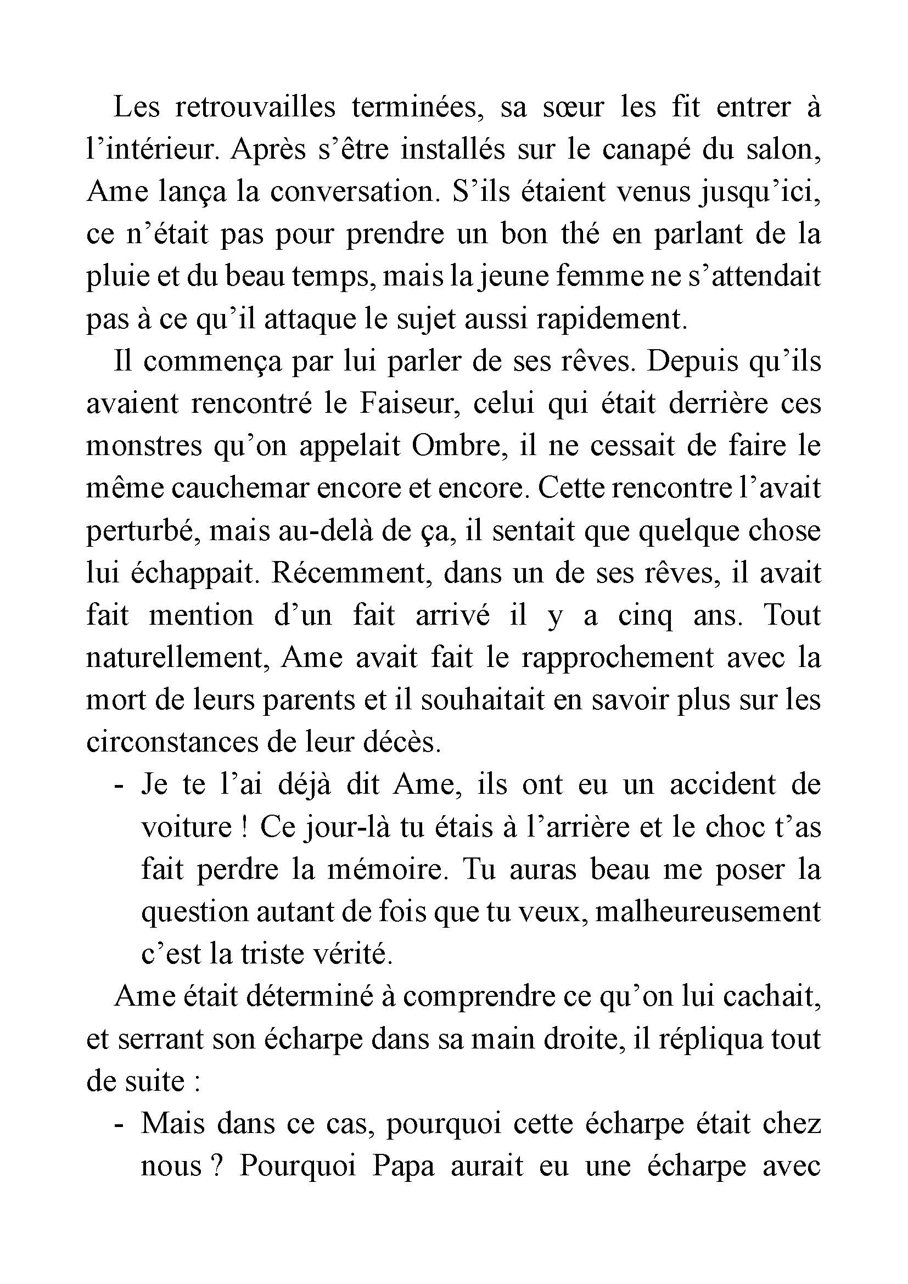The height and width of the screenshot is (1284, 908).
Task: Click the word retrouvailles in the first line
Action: (255, 108)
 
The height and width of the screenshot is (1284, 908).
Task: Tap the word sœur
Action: (573, 108)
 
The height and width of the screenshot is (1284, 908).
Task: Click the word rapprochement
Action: (617, 658)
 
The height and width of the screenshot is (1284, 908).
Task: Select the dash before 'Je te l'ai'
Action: (117, 786)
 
